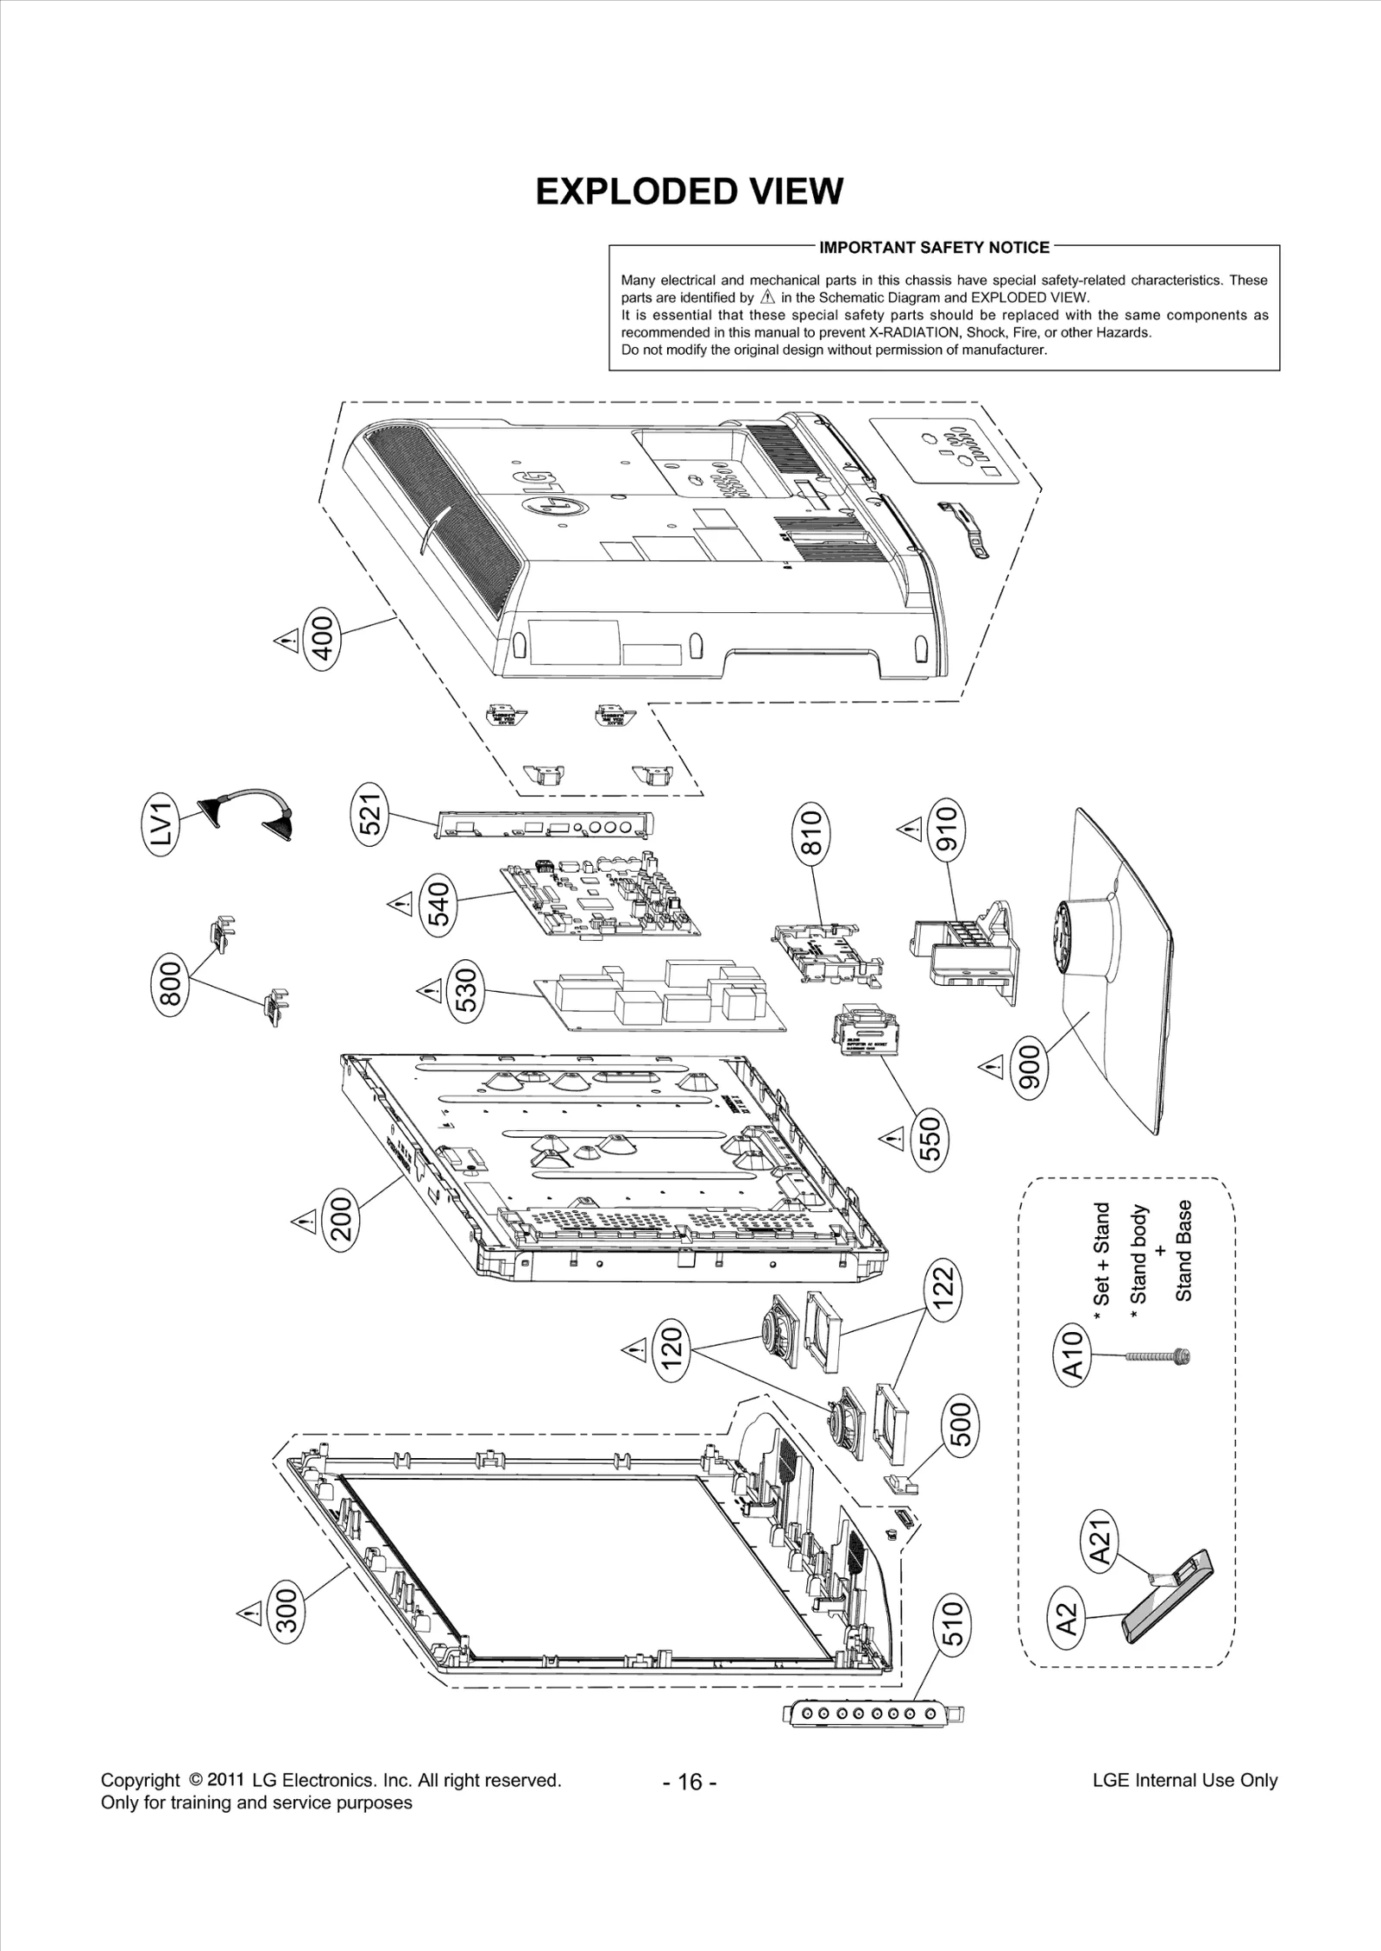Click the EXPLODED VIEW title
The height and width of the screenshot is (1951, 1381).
point(689,192)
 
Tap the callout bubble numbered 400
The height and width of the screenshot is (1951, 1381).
point(322,635)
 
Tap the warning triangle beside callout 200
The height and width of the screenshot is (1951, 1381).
point(304,1221)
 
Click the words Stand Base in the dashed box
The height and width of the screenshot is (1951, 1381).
point(1184,1250)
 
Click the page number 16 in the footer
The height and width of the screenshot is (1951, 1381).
point(690,1782)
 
